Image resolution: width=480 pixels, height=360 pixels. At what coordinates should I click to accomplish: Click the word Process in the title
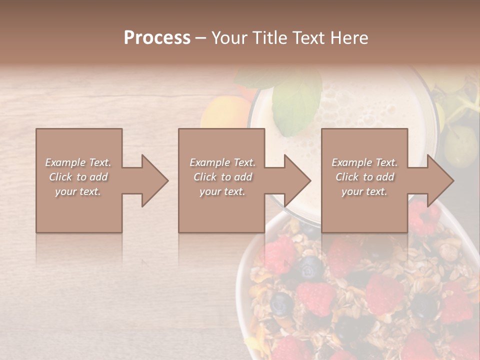(x=157, y=38)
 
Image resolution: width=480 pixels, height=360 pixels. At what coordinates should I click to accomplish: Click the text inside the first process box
(x=78, y=177)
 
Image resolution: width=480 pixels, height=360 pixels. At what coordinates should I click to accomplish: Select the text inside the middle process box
(x=222, y=177)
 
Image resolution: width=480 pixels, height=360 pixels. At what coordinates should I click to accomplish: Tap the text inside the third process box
(x=364, y=177)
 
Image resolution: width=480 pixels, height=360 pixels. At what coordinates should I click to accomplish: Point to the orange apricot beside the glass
(x=225, y=112)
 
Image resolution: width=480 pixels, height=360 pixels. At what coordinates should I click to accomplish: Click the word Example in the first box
(x=65, y=162)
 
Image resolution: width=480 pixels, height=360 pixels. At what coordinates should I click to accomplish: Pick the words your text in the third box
(x=364, y=191)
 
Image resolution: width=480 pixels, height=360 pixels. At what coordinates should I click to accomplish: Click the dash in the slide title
(x=200, y=38)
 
